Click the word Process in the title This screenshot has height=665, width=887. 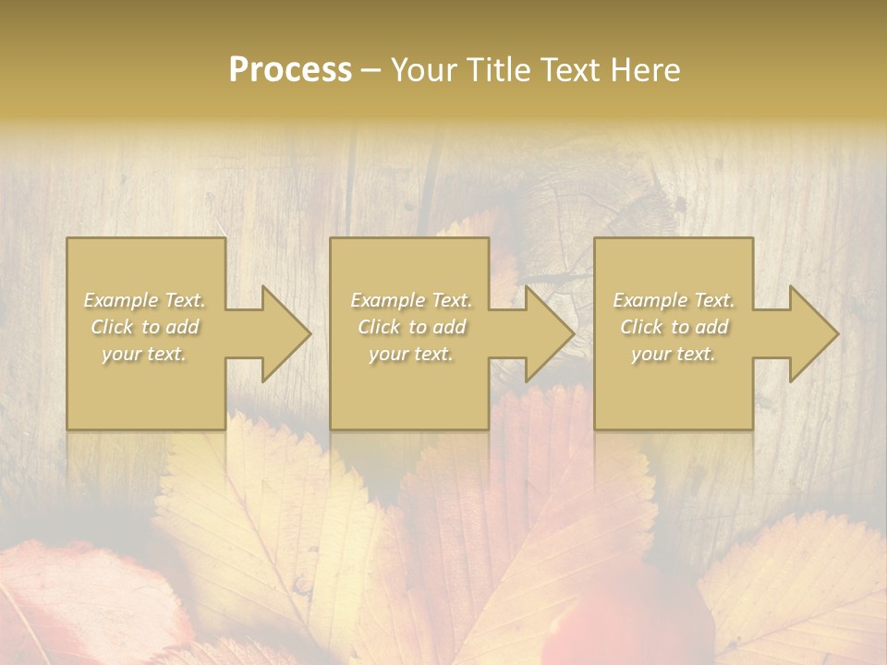coord(290,70)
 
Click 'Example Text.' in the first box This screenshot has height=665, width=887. coord(145,300)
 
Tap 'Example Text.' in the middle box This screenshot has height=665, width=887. coord(411,300)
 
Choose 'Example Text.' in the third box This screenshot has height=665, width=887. coord(674,300)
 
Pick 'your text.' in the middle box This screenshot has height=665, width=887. coord(410,354)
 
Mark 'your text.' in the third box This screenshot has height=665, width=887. coord(673,354)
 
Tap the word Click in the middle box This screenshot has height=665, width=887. coord(379,327)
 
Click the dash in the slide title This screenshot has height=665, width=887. coord(371,70)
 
